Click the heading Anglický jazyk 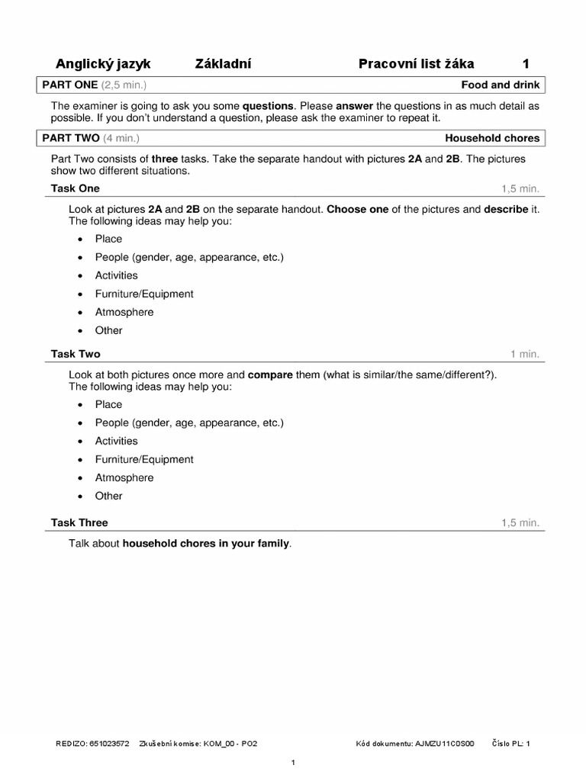point(103,64)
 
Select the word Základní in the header point(224,64)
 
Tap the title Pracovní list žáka point(416,64)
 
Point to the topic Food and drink point(500,85)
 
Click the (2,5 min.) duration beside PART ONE point(124,85)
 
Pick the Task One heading point(75,188)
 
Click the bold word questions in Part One point(268,105)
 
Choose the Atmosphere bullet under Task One point(124,312)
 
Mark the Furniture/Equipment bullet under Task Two point(144,459)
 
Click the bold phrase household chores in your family point(206,544)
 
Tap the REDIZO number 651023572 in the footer point(109,743)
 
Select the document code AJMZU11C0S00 point(444,743)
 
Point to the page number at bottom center point(294,763)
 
